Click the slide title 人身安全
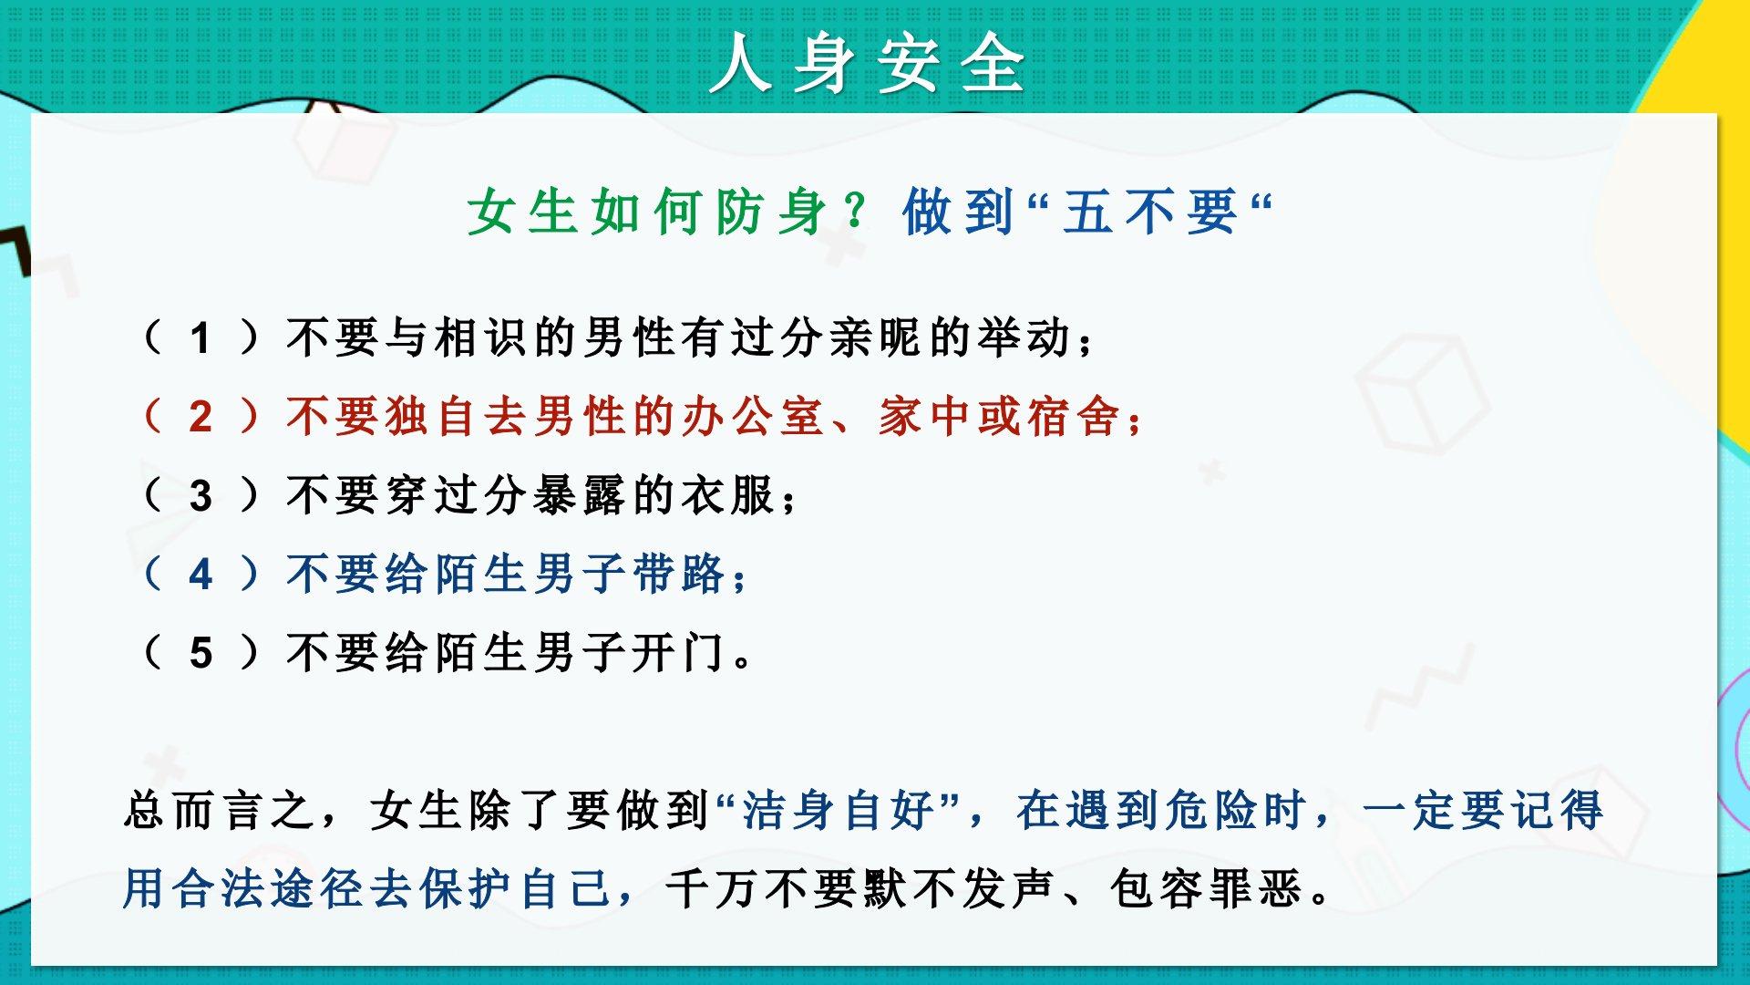coord(868,64)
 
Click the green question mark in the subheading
coord(856,211)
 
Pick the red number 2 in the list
coord(201,418)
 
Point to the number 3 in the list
coord(201,496)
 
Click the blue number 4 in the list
coord(201,575)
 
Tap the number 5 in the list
coord(201,653)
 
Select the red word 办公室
coord(752,416)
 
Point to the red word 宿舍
coord(1075,416)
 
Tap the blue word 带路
coord(679,574)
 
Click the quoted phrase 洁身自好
coord(839,810)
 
